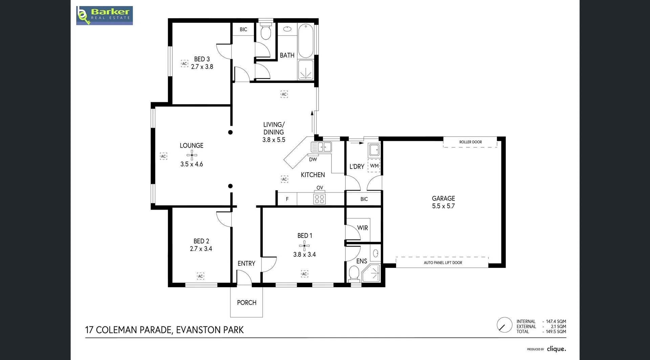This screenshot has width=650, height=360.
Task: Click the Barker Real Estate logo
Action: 104,16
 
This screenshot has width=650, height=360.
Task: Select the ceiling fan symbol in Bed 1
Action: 304,246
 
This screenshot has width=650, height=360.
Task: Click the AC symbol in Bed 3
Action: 185,64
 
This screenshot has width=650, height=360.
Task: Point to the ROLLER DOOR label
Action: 470,142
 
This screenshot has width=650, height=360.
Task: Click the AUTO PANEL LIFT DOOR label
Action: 442,262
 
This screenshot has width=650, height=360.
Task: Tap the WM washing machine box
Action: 374,166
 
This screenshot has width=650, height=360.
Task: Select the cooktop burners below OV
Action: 320,199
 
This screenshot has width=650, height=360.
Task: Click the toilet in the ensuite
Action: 354,273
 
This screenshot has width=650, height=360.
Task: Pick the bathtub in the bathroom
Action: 306,41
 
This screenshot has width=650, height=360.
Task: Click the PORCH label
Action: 246,302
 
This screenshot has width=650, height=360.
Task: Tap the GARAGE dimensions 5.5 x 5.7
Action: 443,206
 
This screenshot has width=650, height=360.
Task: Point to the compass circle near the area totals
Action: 504,325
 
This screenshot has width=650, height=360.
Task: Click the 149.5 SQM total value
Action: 556,332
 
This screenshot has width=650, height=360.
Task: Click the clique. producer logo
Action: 556,349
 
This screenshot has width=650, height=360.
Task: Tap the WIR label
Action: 362,228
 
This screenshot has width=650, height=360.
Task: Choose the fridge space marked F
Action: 287,199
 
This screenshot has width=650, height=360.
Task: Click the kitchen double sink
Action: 324,147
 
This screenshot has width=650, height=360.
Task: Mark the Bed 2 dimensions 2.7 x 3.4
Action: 201,249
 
